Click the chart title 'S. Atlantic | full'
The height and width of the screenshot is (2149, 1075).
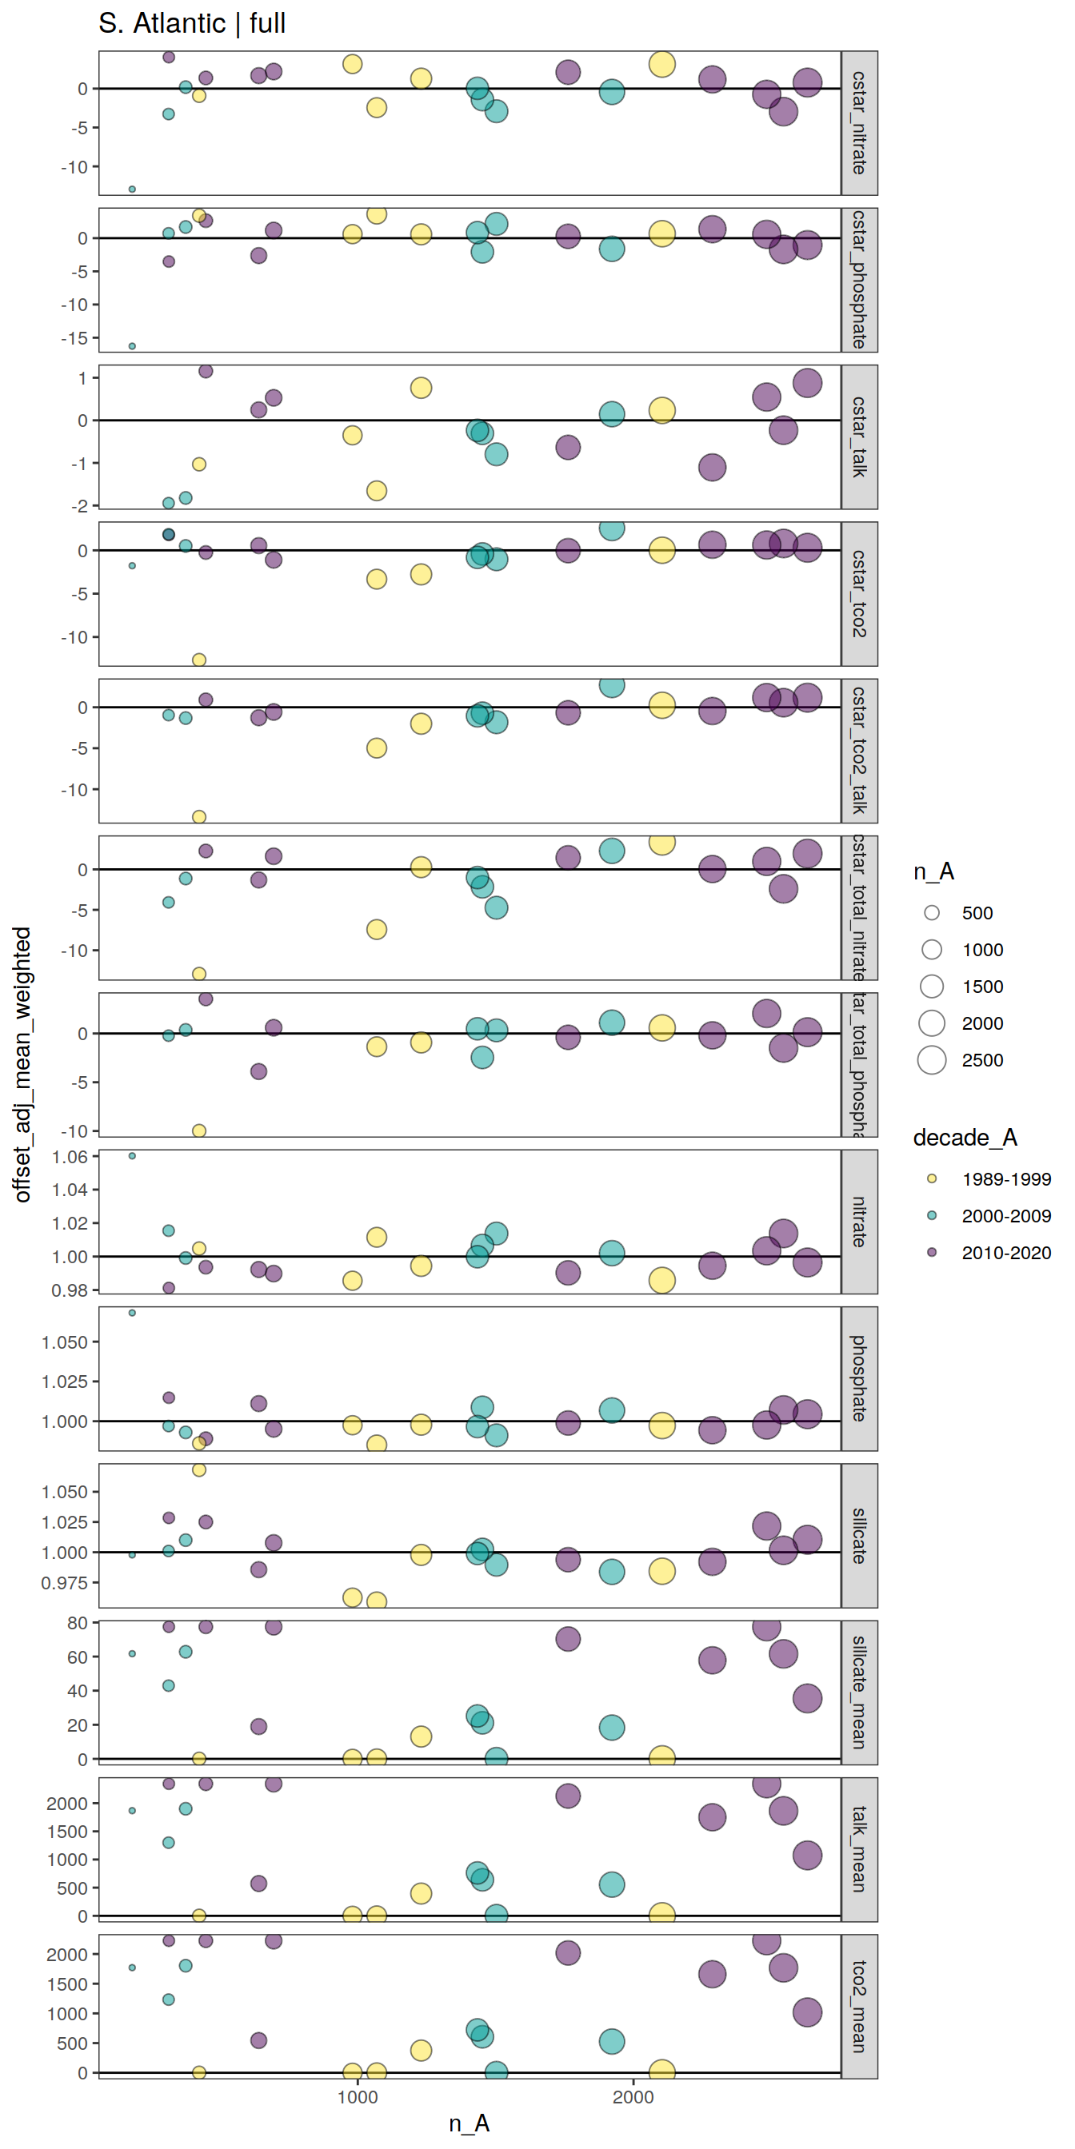[192, 23]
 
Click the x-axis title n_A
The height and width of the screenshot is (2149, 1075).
[469, 2123]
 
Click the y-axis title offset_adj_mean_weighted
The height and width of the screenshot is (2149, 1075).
[22, 1063]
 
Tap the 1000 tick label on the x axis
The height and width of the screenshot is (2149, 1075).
[358, 2097]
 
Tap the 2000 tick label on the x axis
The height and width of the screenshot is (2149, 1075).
[633, 2097]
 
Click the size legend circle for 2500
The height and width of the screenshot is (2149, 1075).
[932, 1060]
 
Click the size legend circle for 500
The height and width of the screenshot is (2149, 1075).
[932, 913]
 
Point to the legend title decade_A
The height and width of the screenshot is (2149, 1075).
[965, 1138]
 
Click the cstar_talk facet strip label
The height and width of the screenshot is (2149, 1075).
[859, 437]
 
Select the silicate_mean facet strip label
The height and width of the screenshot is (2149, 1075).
[859, 1692]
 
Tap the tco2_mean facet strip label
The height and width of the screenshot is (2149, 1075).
[859, 2006]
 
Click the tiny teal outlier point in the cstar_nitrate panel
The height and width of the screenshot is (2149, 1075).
[132, 189]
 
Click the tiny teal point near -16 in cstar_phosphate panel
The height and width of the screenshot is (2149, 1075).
[132, 346]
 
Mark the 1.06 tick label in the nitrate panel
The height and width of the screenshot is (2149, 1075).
[70, 1157]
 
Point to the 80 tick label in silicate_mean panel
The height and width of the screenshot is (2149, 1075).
[77, 1624]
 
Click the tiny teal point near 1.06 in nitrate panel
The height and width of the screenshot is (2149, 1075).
[132, 1156]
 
